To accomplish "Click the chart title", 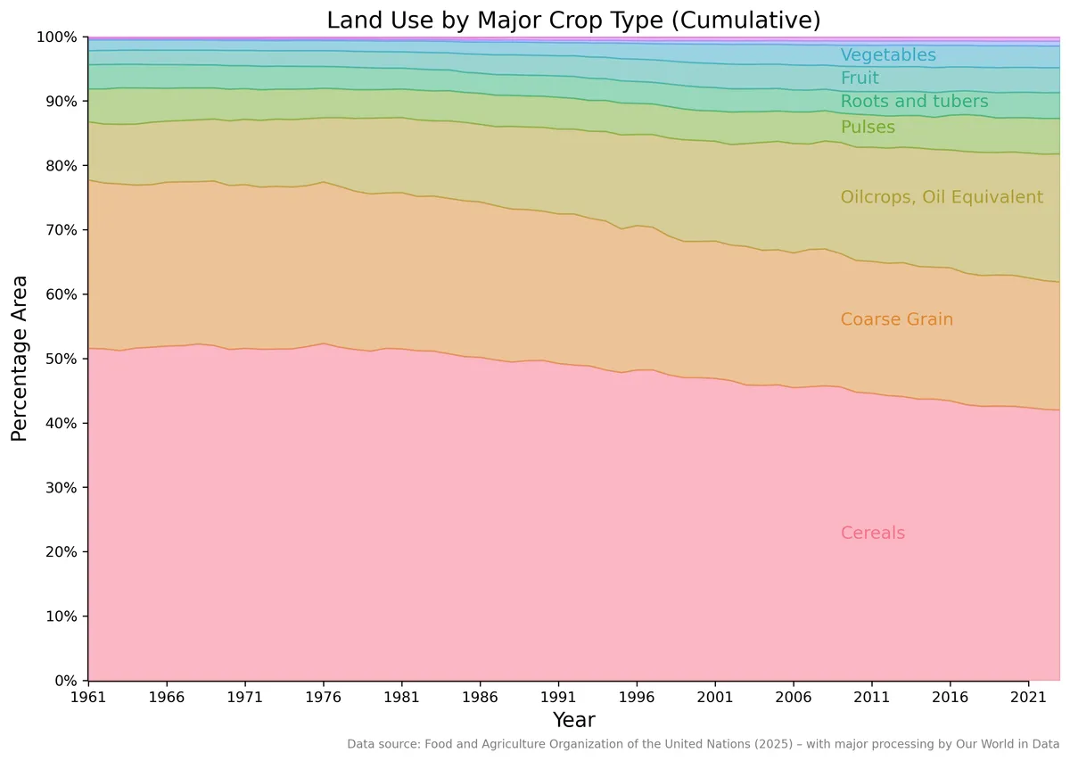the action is coord(573,21).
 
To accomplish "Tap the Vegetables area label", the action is coord(888,55).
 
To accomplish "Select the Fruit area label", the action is coord(860,78).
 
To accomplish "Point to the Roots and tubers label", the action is coord(914,102).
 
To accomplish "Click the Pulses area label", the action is coord(868,128).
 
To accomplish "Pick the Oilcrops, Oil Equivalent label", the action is coord(942,197).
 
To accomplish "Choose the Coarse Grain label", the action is coord(897,318).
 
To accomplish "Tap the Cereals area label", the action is coord(873,533).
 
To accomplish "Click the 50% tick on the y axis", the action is coord(62,359).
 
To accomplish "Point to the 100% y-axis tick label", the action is coord(57,37).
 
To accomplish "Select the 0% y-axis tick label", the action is coord(66,680).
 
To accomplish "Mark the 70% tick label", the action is coord(62,230).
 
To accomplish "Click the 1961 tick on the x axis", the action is coord(88,698).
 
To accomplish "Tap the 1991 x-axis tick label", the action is coord(558,698).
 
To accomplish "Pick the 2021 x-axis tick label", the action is coord(1028,698).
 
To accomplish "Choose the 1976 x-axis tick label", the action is coord(323,698).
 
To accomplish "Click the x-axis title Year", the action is coord(573,720).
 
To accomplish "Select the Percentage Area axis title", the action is coord(19,359).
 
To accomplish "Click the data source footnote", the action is coord(704,744).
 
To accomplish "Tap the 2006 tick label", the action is coord(793,698).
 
